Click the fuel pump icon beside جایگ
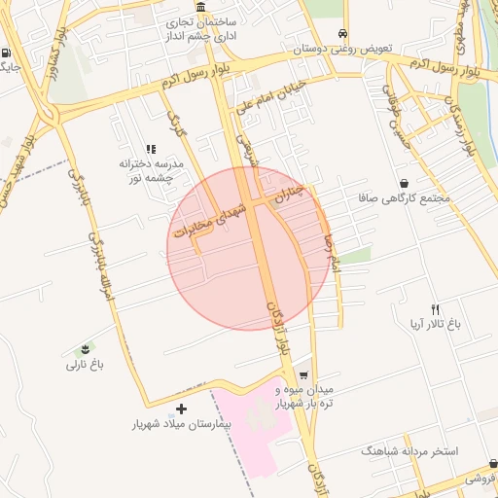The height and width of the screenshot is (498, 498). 8,53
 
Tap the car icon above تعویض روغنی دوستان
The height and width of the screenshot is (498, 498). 341,34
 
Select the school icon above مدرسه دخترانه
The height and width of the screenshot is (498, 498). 151,149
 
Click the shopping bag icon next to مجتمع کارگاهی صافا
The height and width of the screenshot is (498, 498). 404,183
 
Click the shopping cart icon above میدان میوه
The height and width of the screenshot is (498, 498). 303,375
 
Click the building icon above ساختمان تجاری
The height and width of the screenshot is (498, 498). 200,7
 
